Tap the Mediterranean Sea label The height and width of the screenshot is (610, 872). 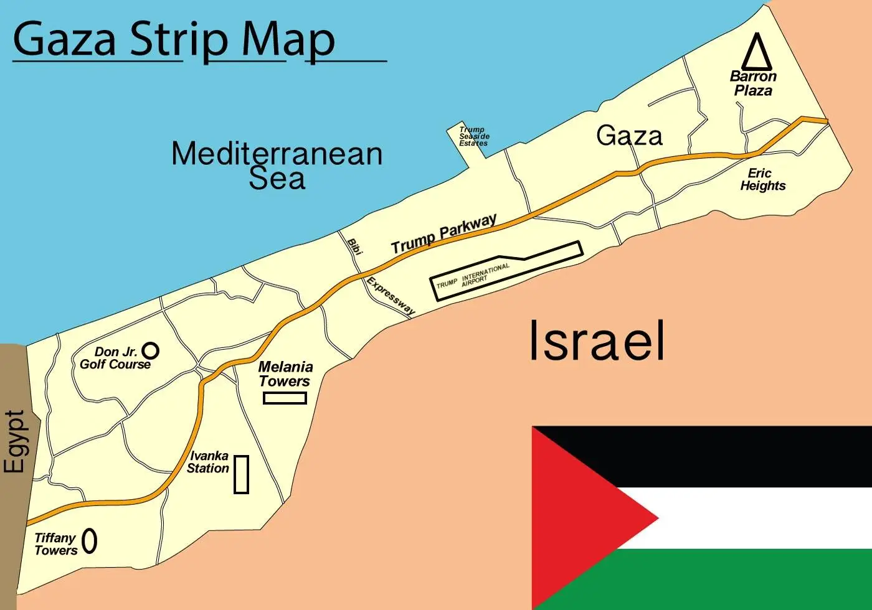click(x=277, y=165)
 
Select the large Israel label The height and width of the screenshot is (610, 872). click(x=597, y=340)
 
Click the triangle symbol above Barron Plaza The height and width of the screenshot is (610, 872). click(x=757, y=52)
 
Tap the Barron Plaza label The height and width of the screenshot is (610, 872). click(x=753, y=83)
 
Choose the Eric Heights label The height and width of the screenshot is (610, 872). click(x=762, y=179)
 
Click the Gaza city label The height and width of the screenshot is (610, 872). click(x=629, y=136)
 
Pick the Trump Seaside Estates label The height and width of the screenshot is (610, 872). click(x=474, y=136)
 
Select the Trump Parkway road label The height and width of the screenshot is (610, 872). click(x=443, y=234)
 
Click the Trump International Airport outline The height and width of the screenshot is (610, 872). click(x=506, y=271)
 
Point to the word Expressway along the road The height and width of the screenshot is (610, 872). click(x=391, y=296)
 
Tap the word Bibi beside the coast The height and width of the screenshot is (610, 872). click(x=354, y=246)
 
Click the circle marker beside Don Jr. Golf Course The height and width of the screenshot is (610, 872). click(x=150, y=350)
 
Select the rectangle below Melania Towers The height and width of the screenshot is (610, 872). click(x=285, y=398)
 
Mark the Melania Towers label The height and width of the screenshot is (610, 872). click(x=285, y=374)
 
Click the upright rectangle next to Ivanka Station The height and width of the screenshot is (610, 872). click(x=241, y=474)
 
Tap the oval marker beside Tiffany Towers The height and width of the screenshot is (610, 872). click(x=90, y=541)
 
